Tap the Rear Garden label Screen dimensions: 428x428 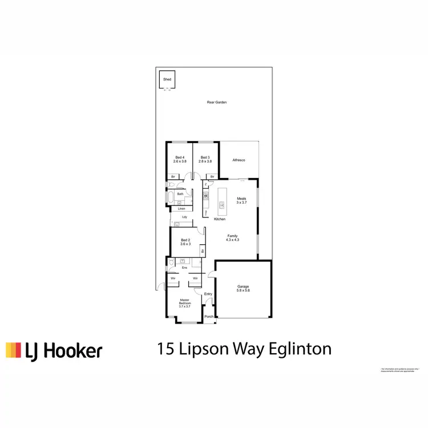[217, 103]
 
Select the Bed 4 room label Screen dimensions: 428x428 [180, 157]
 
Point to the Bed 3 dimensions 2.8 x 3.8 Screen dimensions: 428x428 [205, 161]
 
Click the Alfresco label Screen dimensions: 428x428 [239, 161]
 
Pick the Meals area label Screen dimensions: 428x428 [242, 199]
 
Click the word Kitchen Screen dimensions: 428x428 [220, 219]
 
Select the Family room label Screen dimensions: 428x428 [233, 236]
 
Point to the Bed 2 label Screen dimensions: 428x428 [184, 240]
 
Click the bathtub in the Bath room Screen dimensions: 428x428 [171, 199]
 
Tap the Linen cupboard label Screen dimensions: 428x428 [181, 209]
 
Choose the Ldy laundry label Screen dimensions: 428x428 [184, 217]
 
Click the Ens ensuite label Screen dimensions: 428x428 [184, 268]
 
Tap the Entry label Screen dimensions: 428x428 [208, 294]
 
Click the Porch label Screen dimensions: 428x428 [209, 317]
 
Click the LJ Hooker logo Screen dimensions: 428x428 [54, 350]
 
